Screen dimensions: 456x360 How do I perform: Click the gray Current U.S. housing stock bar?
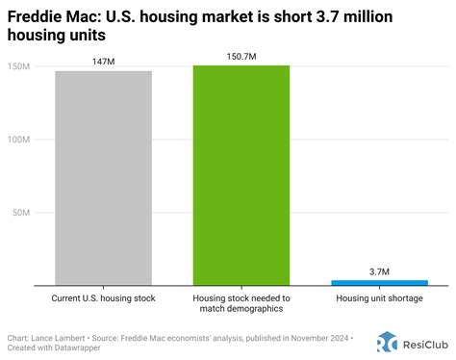point(103,178)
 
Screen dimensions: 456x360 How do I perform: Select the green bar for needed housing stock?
point(241,175)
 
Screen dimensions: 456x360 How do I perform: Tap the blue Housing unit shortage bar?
point(379,283)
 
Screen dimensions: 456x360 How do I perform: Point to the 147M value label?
point(103,62)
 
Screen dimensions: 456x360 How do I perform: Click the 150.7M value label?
point(241,57)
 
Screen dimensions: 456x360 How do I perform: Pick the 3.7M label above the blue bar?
point(379,271)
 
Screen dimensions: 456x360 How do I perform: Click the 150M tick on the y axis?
point(18,66)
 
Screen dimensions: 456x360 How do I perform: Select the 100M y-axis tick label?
point(18,140)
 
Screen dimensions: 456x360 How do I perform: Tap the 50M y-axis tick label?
point(21,213)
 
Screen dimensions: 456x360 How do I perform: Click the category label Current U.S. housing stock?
point(103,298)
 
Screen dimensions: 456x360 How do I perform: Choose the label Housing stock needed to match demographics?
point(241,303)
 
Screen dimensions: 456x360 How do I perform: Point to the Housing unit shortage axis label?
point(379,298)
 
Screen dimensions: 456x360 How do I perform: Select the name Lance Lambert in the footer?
point(58,338)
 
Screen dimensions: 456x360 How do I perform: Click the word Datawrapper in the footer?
point(77,347)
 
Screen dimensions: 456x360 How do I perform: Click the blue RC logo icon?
point(387,342)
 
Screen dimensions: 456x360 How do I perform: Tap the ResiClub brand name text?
point(425,345)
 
